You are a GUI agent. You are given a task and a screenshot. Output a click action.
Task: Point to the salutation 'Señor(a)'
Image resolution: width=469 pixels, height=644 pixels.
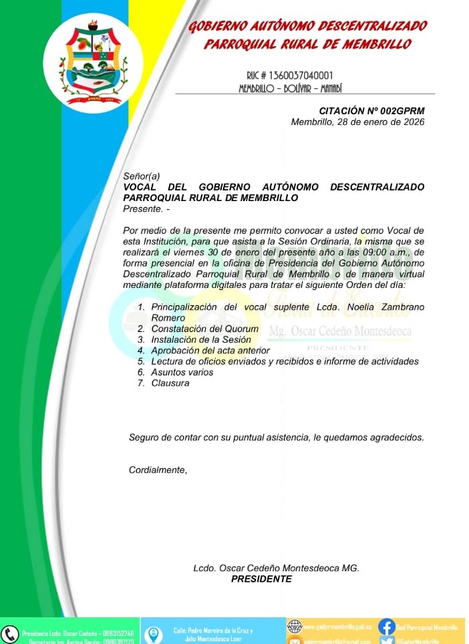click(142, 176)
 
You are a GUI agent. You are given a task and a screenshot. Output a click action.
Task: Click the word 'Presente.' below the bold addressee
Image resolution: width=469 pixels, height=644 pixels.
click(143, 208)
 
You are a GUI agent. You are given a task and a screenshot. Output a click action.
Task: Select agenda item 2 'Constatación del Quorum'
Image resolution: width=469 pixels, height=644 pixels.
click(204, 329)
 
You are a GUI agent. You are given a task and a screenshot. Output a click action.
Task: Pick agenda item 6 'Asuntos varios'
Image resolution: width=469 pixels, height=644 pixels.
click(182, 372)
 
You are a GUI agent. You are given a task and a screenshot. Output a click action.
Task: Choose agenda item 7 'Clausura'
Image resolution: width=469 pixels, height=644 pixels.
click(170, 383)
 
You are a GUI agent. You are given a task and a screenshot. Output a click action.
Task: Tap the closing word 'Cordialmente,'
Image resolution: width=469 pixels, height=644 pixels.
click(158, 470)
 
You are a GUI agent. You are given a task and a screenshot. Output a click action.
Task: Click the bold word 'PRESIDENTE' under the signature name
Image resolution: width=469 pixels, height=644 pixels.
click(261, 579)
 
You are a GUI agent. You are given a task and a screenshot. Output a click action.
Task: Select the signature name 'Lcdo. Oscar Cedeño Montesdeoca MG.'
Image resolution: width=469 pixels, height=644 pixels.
click(276, 568)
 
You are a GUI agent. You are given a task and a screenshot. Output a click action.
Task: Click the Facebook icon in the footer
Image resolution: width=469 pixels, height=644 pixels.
click(386, 627)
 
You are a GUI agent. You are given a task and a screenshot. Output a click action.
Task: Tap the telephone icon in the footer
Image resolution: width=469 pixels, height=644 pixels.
click(10, 633)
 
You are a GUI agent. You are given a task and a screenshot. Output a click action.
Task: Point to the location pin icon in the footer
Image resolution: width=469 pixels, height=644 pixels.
click(153, 634)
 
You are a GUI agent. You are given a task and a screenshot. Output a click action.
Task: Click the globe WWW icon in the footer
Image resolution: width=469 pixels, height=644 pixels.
click(294, 627)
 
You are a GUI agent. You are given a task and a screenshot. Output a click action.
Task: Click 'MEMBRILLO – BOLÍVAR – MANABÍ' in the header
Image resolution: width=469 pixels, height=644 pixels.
click(290, 88)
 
